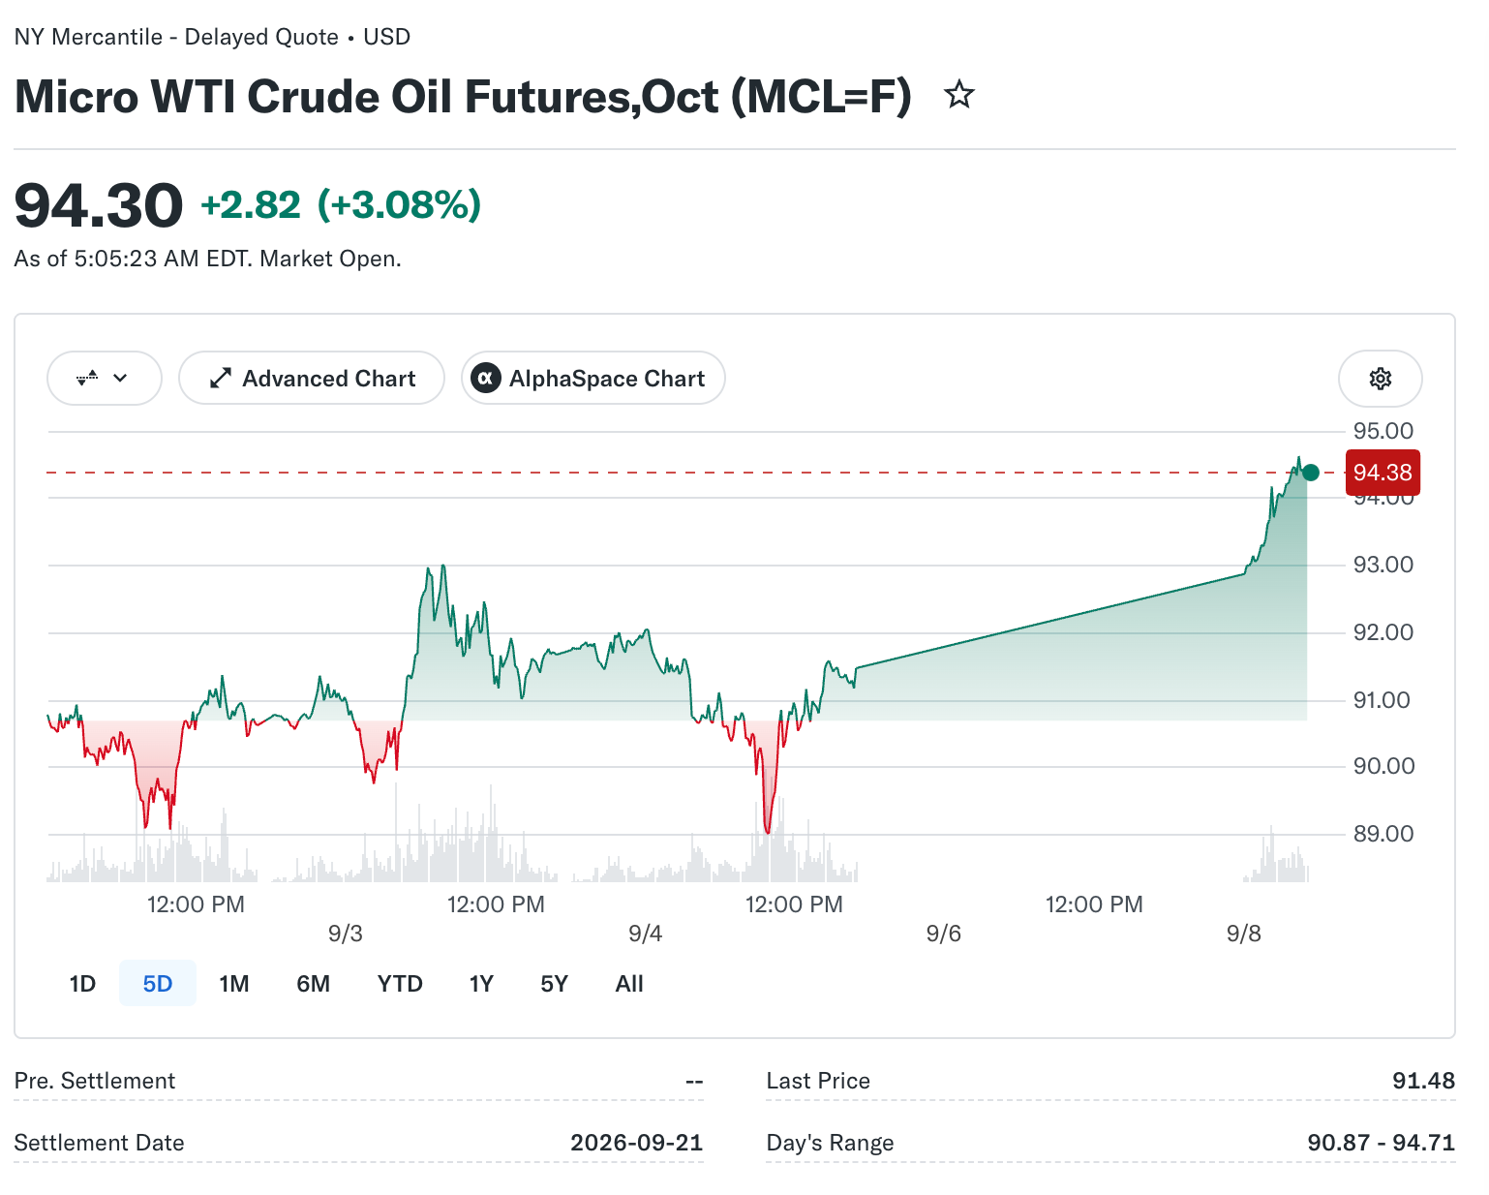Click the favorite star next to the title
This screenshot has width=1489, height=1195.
click(959, 95)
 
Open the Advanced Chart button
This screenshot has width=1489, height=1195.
click(312, 378)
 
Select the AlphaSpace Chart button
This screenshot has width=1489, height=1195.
click(593, 378)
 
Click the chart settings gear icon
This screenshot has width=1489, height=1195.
click(1380, 378)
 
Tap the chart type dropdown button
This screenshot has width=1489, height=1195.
click(105, 378)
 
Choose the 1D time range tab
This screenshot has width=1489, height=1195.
click(82, 983)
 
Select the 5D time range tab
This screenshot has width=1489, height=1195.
click(158, 983)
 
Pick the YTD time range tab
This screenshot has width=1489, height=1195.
click(400, 983)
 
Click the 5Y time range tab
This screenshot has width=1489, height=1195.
click(554, 983)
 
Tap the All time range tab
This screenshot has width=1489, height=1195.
click(629, 983)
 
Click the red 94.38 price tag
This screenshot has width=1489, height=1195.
click(1383, 473)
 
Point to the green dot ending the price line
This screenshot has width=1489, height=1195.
click(1311, 473)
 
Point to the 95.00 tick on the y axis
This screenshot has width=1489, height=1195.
click(1383, 431)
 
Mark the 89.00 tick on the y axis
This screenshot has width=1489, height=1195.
click(1383, 833)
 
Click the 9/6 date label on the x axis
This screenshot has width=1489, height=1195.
click(944, 934)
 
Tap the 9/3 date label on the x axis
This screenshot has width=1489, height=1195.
click(346, 934)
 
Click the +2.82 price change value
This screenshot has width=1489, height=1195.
click(251, 205)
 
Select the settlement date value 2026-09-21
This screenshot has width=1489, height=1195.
click(637, 1142)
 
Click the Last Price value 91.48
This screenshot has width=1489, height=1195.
click(1423, 1080)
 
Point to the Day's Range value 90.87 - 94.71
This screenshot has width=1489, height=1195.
click(1382, 1142)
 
